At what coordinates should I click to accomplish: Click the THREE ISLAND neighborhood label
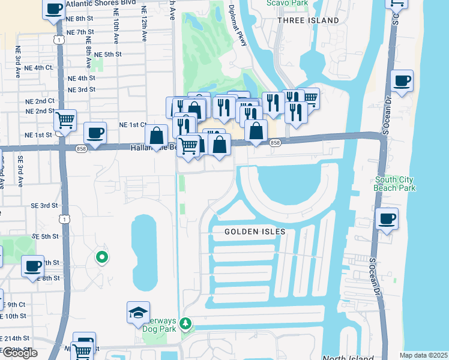coord(309,20)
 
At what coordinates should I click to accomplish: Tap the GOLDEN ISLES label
coord(255,231)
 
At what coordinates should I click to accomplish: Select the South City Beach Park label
coord(394,184)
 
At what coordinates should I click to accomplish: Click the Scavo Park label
coord(285,2)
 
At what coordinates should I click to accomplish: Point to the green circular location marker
coord(102,258)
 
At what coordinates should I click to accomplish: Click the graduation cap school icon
coord(137,312)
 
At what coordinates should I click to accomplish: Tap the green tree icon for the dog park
coord(185,325)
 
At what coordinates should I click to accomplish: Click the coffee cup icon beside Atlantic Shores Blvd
coord(53,9)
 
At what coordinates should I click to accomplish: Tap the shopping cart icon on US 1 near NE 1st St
coord(65,119)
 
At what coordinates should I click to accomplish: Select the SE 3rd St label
coord(44,205)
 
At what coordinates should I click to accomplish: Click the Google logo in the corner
coord(19,353)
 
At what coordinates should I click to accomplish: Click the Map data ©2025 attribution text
coord(423,355)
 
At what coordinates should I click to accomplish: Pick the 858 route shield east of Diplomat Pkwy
coord(275,143)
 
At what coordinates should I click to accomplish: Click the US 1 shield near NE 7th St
coord(58,39)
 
